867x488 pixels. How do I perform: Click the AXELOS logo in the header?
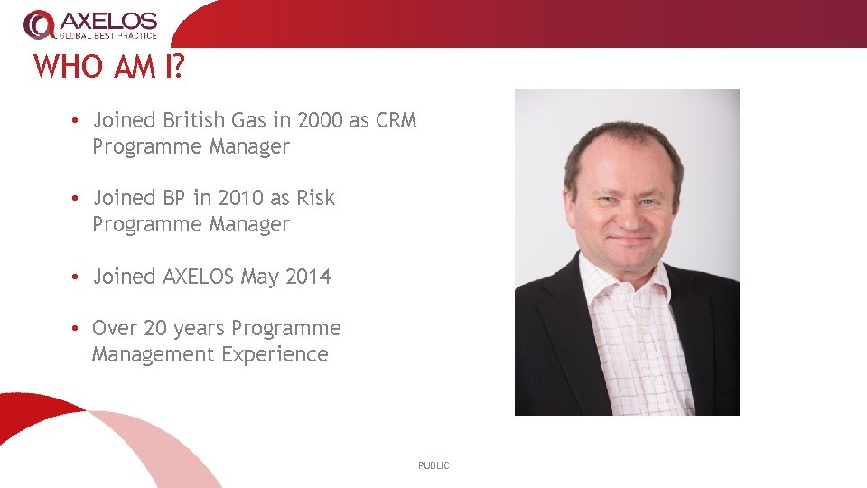(x=90, y=24)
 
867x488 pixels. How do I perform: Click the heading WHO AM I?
(x=108, y=67)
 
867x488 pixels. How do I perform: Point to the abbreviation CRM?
(x=396, y=120)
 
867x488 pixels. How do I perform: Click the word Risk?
(x=315, y=198)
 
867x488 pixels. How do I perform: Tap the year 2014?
(x=308, y=277)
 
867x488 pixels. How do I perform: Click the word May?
(x=260, y=277)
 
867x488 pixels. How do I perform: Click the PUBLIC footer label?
(x=433, y=465)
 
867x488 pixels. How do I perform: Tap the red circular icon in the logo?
(x=39, y=24)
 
